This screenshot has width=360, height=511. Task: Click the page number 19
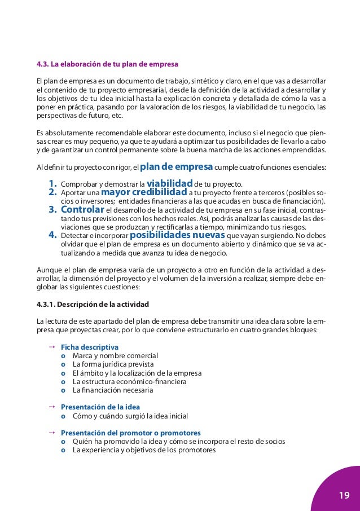pyautogui.click(x=344, y=496)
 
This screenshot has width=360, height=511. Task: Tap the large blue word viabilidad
pyautogui.click(x=169, y=183)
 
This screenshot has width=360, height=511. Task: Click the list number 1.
pyautogui.click(x=54, y=184)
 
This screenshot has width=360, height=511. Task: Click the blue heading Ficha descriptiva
pyautogui.click(x=89, y=347)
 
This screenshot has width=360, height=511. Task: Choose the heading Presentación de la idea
pyautogui.click(x=100, y=407)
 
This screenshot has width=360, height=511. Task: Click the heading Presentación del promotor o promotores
pyautogui.click(x=130, y=433)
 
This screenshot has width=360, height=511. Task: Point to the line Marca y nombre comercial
pyautogui.click(x=115, y=356)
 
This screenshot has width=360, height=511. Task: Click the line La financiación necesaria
pyautogui.click(x=113, y=390)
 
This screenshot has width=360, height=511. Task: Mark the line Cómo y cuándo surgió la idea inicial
pyautogui.click(x=130, y=416)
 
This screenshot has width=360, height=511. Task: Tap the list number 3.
pyautogui.click(x=54, y=210)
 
